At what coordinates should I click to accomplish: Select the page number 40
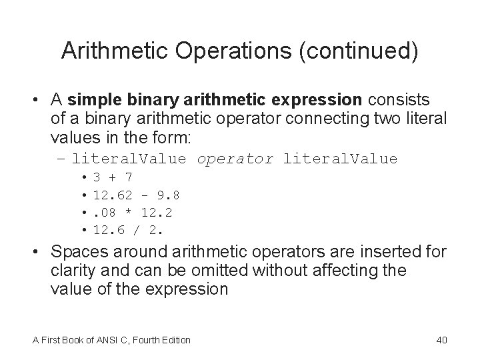point(441,340)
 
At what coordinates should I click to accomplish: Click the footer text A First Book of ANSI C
point(87,340)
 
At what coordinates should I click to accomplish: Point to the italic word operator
point(235,159)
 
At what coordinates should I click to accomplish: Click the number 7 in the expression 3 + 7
point(128,177)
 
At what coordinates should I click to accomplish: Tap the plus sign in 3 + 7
point(112,177)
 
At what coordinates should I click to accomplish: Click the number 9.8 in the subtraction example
point(166,195)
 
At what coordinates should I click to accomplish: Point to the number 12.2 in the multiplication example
point(166,213)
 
